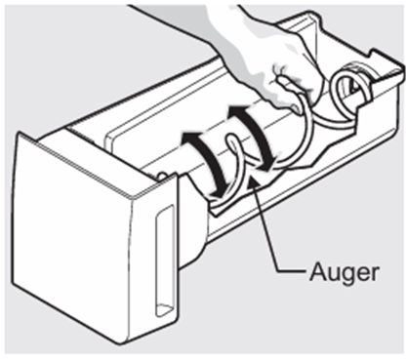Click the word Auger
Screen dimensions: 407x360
pyautogui.click(x=345, y=271)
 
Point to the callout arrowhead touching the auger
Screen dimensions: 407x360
pyautogui.click(x=254, y=183)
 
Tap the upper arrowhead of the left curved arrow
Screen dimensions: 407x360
pyautogui.click(x=190, y=139)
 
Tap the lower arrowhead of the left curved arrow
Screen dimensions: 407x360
pyautogui.click(x=218, y=190)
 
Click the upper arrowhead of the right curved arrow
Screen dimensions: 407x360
pyautogui.click(x=236, y=112)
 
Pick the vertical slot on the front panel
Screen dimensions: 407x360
pyautogui.click(x=165, y=261)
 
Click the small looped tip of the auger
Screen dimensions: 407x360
pyautogui.click(x=230, y=140)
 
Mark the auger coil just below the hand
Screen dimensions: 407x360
pyautogui.click(x=305, y=130)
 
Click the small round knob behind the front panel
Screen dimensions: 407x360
pyautogui.click(x=163, y=175)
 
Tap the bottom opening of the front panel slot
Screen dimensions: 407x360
pyautogui.click(x=164, y=309)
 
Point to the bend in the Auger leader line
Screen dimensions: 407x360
pyautogui.click(x=277, y=270)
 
